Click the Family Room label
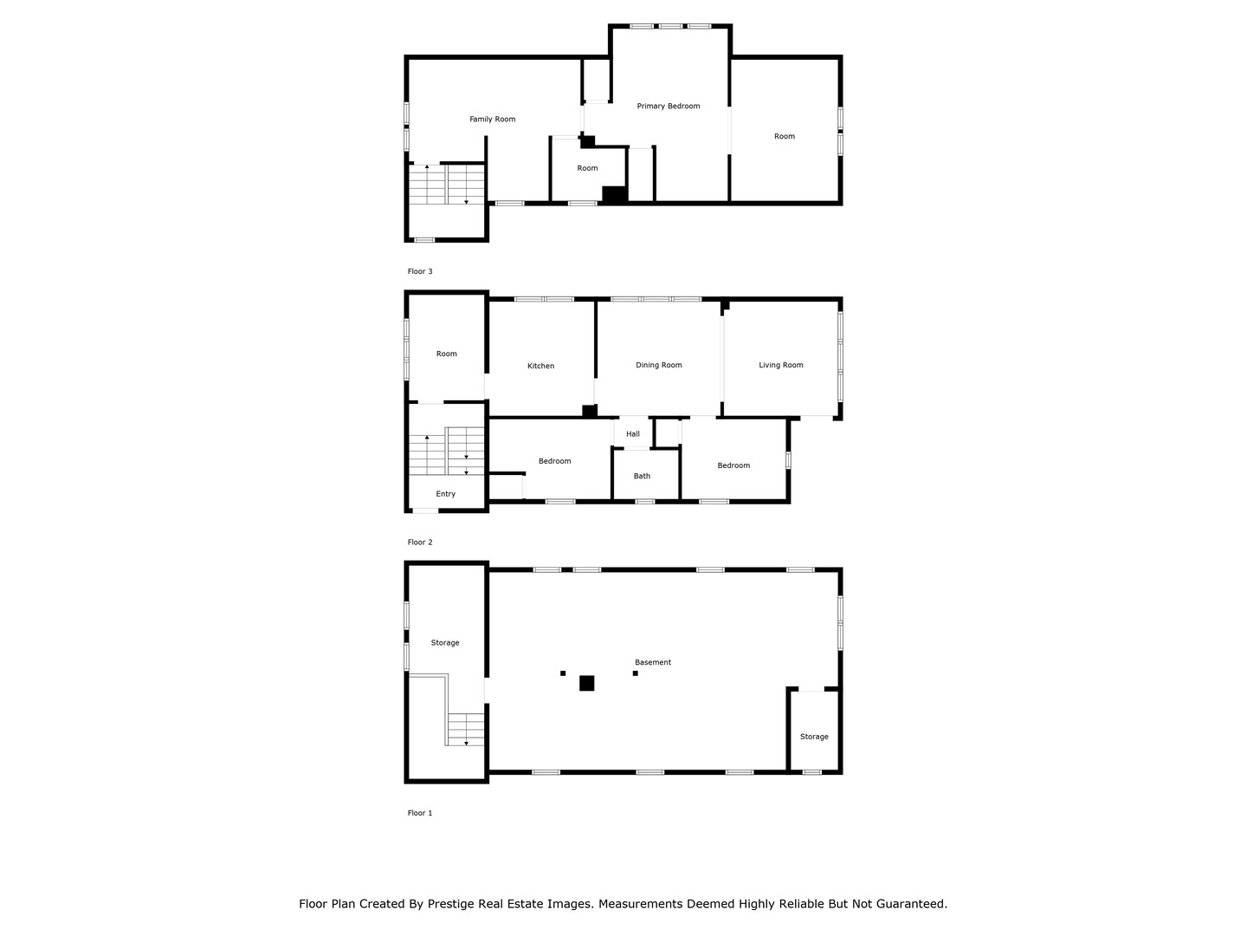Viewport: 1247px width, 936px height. (492, 119)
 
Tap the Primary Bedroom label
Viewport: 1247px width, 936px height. (668, 106)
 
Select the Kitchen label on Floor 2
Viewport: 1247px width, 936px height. (540, 366)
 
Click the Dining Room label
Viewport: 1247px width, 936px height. (658, 365)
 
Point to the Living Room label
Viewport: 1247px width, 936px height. (780, 365)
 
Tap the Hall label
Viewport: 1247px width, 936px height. (633, 434)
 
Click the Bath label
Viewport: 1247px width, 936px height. (642, 476)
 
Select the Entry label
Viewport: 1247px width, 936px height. (445, 494)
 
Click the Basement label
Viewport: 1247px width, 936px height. (652, 662)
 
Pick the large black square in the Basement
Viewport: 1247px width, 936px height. (586, 683)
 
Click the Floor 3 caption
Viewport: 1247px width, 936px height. (419, 271)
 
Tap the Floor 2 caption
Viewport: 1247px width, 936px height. (419, 542)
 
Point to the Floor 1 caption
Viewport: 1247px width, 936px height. (419, 813)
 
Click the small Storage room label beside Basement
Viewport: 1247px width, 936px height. (813, 737)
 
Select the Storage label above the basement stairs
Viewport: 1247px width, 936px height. (445, 642)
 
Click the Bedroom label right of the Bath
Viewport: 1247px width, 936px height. (733, 465)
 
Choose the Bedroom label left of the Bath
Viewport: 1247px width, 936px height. (554, 461)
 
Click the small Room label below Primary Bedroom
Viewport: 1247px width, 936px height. (587, 168)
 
